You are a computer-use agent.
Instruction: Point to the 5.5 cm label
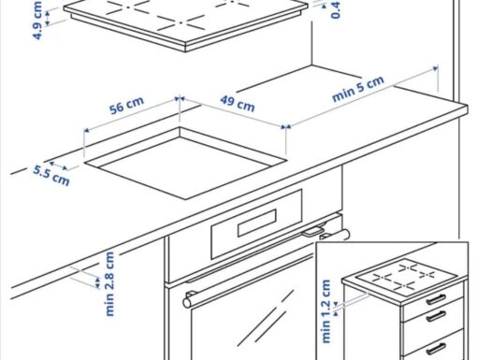51,175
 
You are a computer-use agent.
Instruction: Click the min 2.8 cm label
110,282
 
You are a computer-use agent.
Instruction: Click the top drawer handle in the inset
435,300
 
